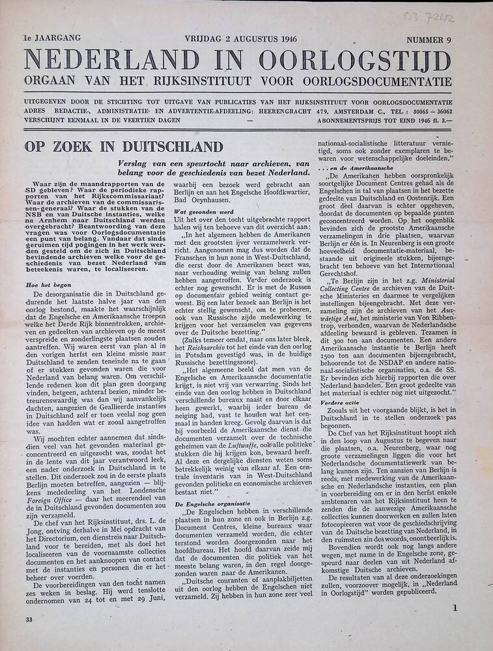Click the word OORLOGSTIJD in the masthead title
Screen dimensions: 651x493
coord(354,61)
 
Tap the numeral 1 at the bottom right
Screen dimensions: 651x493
coord(455,609)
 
